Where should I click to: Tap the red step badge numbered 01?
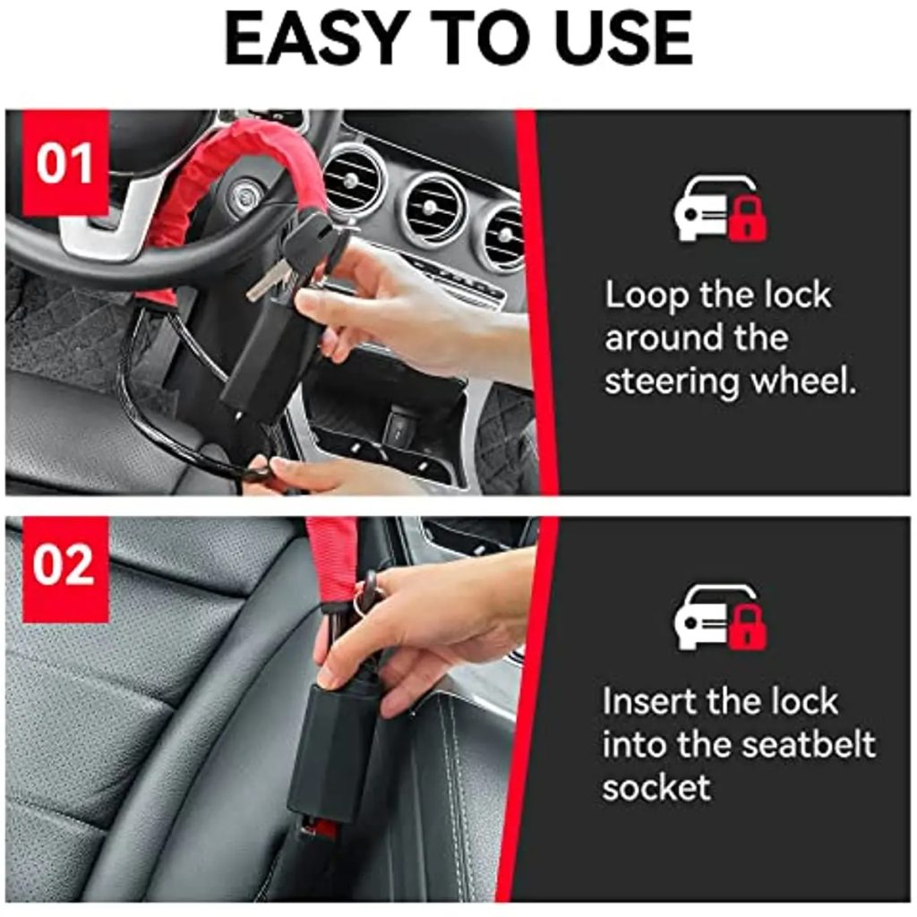pyautogui.click(x=64, y=163)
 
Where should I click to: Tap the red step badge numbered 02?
pyautogui.click(x=64, y=568)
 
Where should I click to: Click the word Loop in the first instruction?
pyautogui.click(x=647, y=296)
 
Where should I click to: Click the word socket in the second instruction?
pyautogui.click(x=656, y=787)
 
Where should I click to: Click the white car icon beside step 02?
pyautogui.click(x=705, y=617)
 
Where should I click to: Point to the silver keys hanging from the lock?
pyautogui.click(x=269, y=280)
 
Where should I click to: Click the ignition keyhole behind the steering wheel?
pyautogui.click(x=242, y=193)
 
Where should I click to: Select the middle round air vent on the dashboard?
pyautogui.click(x=433, y=209)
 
